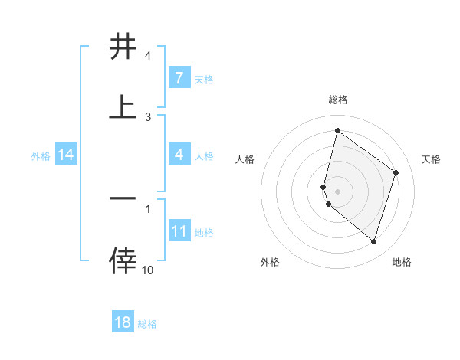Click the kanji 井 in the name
click(x=123, y=47)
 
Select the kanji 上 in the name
click(x=123, y=107)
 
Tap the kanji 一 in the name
click(x=123, y=198)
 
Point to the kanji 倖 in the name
click(x=123, y=260)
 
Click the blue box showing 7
click(x=179, y=78)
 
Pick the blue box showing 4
click(x=179, y=155)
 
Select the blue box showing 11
click(x=179, y=231)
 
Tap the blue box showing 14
click(x=66, y=155)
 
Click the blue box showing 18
click(x=123, y=322)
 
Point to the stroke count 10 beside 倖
click(x=148, y=270)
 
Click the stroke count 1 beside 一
click(x=148, y=208)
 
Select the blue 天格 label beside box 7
click(x=204, y=79)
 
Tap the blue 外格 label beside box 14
click(x=41, y=155)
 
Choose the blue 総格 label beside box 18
click(x=148, y=323)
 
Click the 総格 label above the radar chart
click(x=338, y=100)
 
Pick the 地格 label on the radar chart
click(x=402, y=262)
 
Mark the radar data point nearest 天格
click(x=396, y=172)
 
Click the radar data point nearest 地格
click(x=373, y=241)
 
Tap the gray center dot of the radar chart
click(x=338, y=191)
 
